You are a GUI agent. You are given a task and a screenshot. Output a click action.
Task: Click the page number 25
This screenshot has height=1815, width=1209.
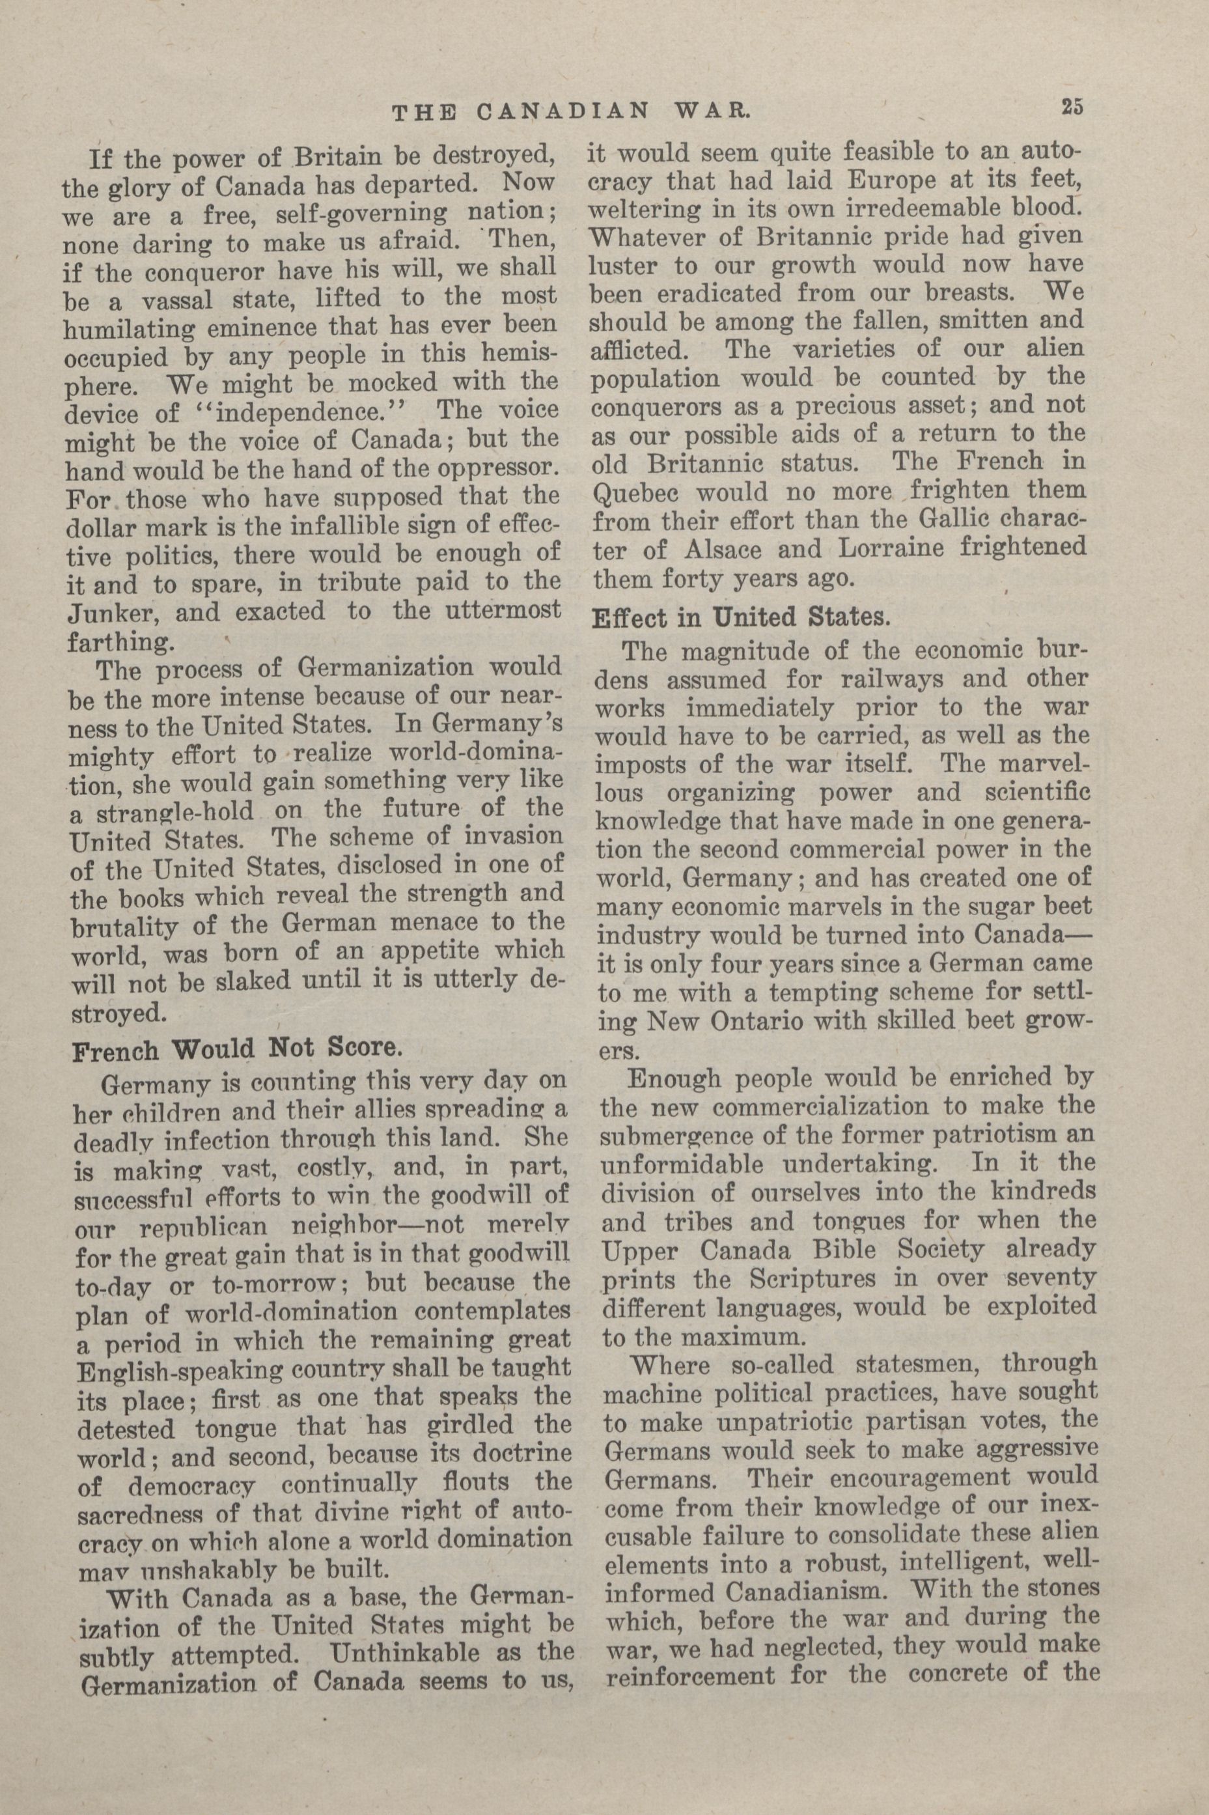(x=1071, y=106)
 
